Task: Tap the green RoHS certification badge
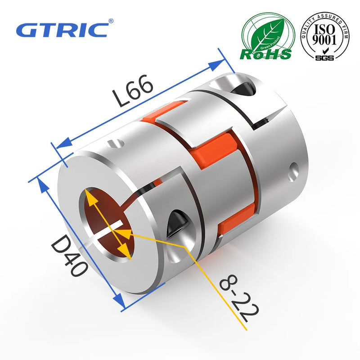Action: [x=265, y=37]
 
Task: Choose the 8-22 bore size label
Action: [x=234, y=299]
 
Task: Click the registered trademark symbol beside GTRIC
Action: [x=111, y=21]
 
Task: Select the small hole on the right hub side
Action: [x=295, y=170]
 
